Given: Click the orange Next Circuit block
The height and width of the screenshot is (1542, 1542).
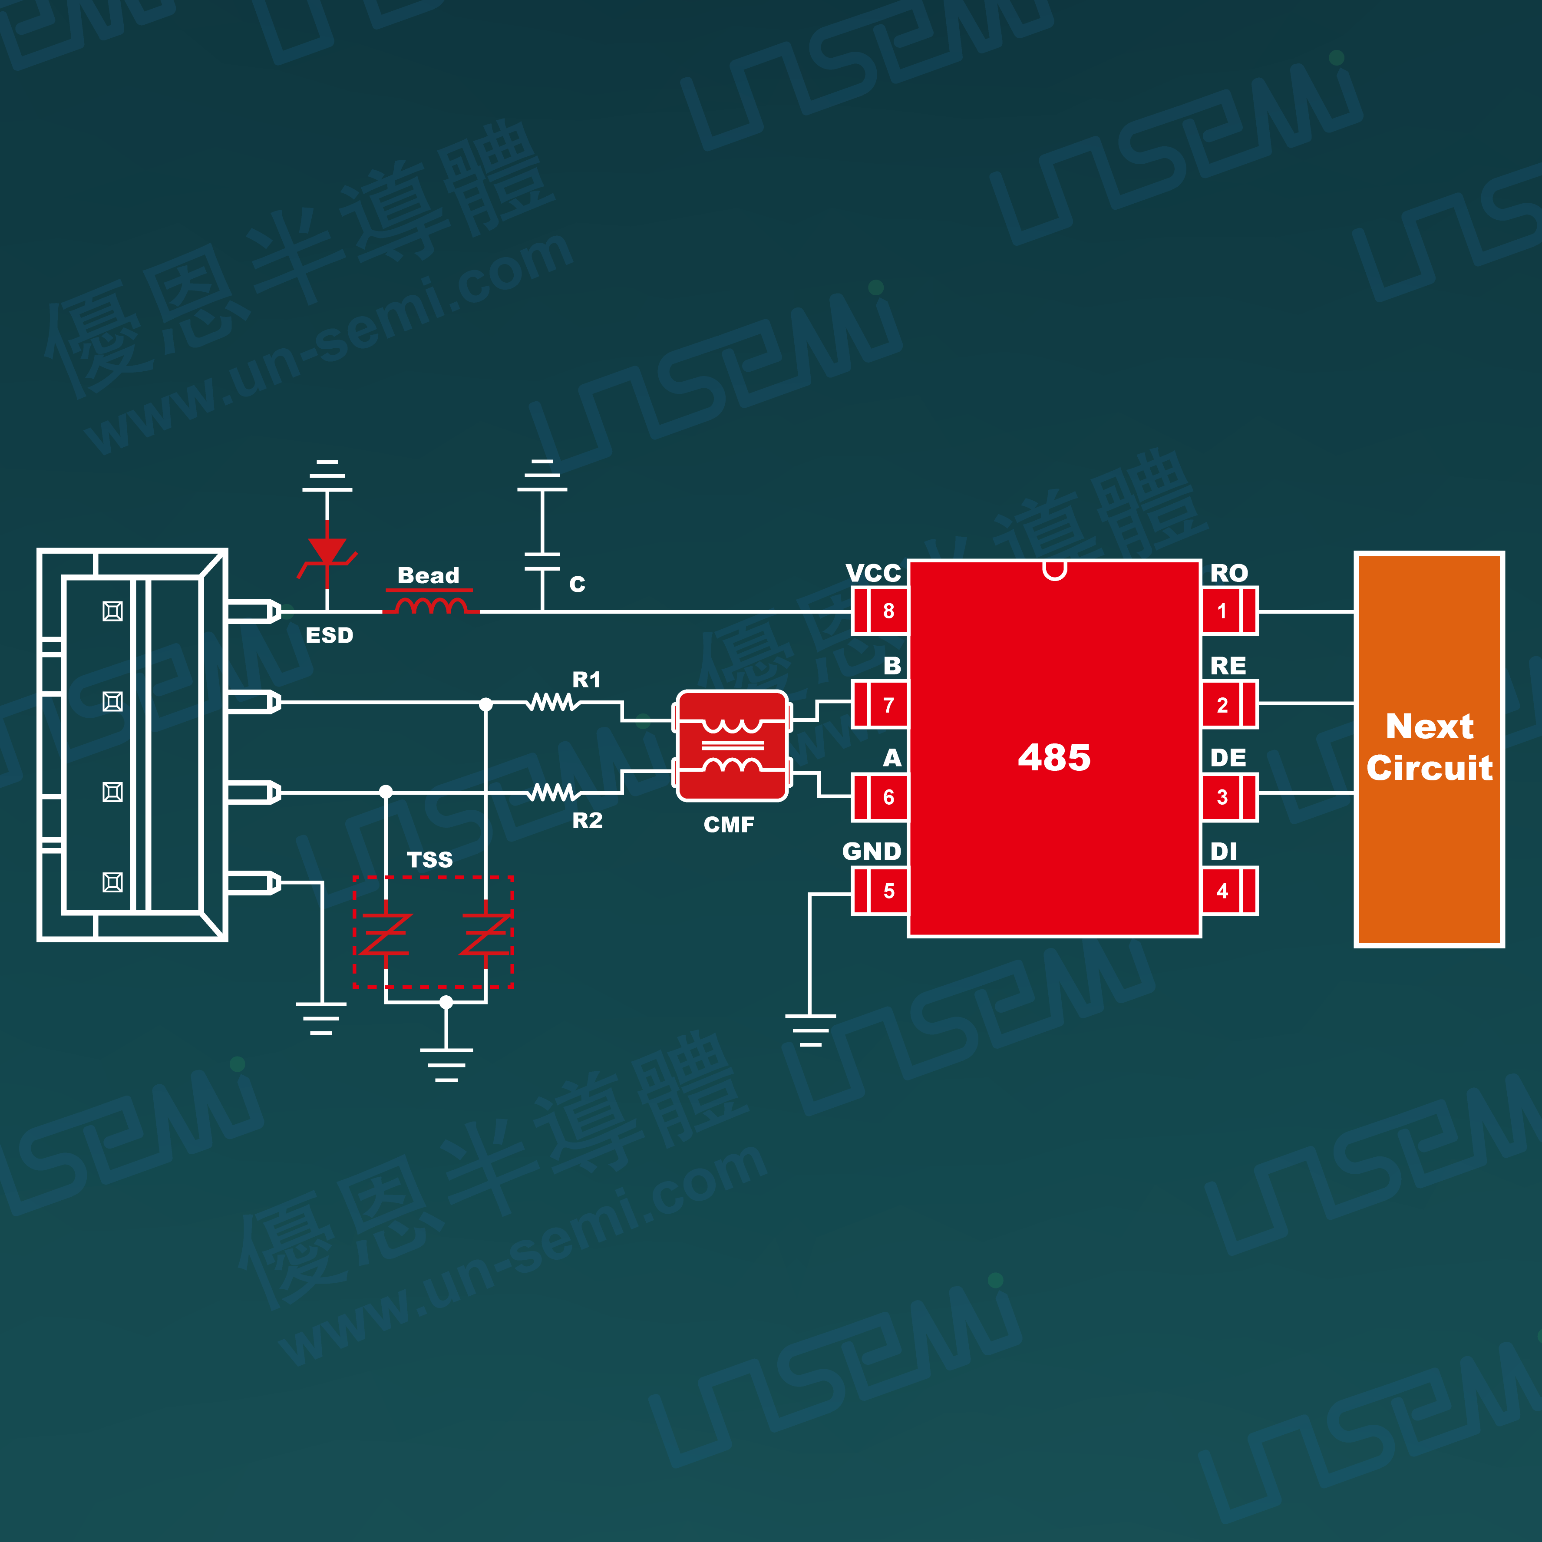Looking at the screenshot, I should (1429, 749).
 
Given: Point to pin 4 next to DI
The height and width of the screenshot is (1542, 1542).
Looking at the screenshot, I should (1229, 891).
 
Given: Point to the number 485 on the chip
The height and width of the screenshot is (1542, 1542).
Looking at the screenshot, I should (1053, 756).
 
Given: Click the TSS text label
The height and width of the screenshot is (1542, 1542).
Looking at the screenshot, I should (429, 860).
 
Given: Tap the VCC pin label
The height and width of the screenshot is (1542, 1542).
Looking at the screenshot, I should (873, 573).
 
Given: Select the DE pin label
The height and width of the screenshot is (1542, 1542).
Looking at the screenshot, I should (1228, 757).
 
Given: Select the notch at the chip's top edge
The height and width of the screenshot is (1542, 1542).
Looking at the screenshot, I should (1054, 570).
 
